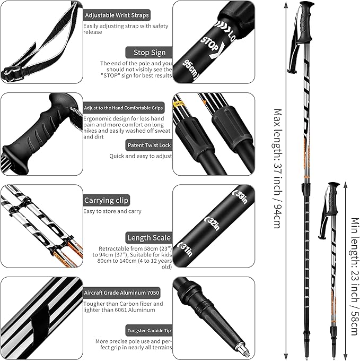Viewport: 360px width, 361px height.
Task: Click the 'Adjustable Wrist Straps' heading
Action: coord(117,15)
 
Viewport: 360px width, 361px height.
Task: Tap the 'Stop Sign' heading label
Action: coord(146,53)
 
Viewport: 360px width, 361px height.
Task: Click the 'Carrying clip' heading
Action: coord(106,200)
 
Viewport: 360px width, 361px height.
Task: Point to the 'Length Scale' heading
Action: coord(148,238)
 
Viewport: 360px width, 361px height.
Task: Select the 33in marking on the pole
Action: coord(241,195)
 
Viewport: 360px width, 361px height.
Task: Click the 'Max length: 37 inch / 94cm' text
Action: coord(276,168)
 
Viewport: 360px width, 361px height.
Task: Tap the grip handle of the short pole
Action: coord(333,197)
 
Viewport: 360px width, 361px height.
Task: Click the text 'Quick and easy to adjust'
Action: coord(141,156)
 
